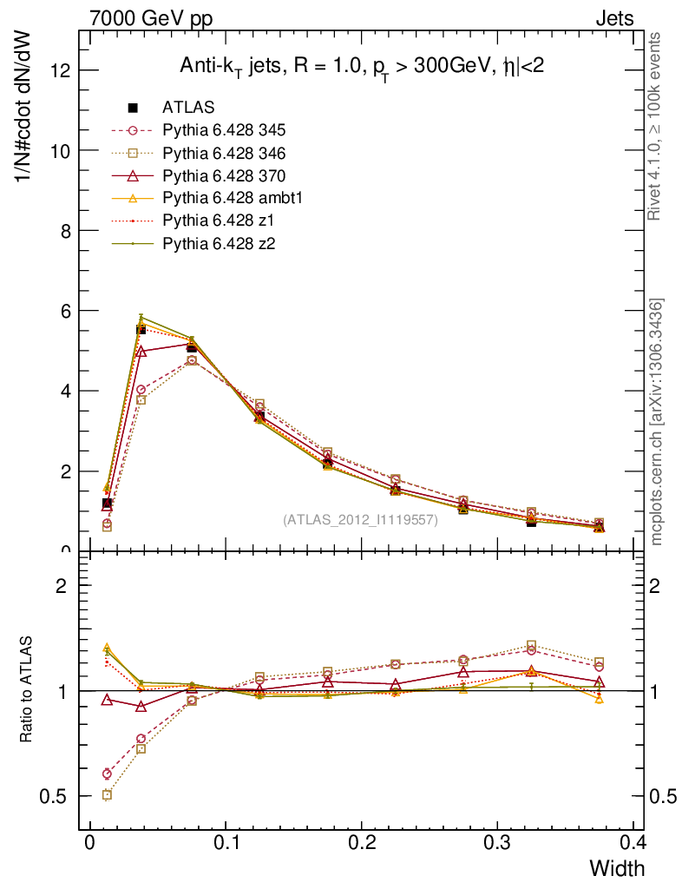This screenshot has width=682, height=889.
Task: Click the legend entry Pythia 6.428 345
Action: [x=224, y=131]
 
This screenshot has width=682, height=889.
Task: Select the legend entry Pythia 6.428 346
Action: [x=224, y=154]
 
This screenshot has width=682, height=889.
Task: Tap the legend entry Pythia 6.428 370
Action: [x=224, y=176]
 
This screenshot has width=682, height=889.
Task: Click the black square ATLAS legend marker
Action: [x=133, y=109]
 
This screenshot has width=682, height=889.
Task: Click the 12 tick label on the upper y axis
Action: [x=59, y=70]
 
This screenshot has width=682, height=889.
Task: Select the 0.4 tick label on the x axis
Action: [x=633, y=842]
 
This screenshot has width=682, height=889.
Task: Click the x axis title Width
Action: [x=617, y=868]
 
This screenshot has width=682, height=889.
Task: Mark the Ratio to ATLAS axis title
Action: [x=27, y=690]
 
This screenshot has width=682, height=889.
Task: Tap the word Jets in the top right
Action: [x=613, y=17]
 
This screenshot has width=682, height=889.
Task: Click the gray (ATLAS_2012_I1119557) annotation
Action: [x=360, y=520]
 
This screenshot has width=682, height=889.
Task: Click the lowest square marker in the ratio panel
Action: [x=107, y=795]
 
